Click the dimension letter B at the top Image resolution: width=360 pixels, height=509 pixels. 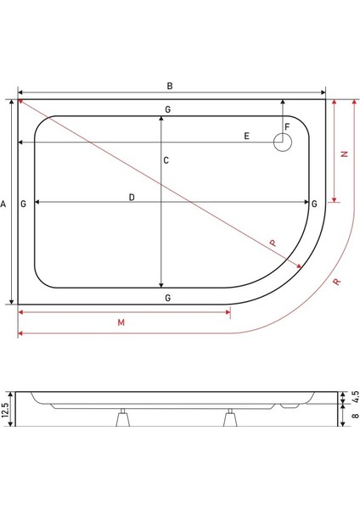pos(170,87)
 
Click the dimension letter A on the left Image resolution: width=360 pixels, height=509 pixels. pos(4,204)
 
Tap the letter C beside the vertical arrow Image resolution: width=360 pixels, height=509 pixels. pos(166,161)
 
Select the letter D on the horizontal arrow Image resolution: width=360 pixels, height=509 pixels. pos(132,198)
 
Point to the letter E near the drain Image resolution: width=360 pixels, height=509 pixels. pos(246,136)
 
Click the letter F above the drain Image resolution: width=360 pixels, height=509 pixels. pos(287,127)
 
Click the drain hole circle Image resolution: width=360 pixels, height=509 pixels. pos(281,143)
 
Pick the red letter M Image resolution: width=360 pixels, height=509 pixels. pos(121,323)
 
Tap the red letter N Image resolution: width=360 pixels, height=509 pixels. pos(344,154)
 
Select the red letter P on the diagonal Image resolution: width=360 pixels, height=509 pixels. pos(273,243)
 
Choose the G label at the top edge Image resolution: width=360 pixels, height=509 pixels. pos(168,110)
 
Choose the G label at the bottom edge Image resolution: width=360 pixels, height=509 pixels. pos(168,298)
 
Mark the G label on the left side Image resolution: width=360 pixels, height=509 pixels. pos(23,204)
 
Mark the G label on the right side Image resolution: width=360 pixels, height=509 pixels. pos(314,204)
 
